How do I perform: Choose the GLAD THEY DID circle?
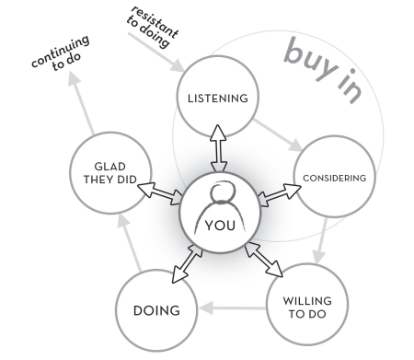point(102,170)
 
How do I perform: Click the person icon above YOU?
point(219,198)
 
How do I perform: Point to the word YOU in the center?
point(219,226)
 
